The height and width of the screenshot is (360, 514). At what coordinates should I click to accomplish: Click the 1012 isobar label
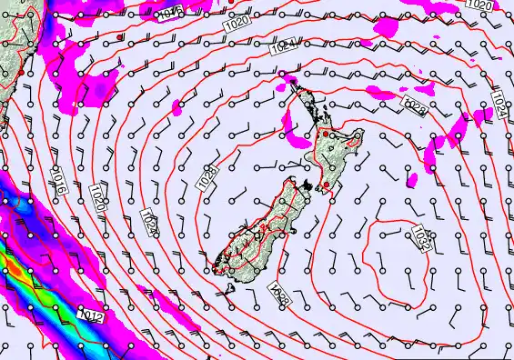[x=90, y=315]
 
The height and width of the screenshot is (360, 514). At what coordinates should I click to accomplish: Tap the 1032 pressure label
[x=420, y=239]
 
